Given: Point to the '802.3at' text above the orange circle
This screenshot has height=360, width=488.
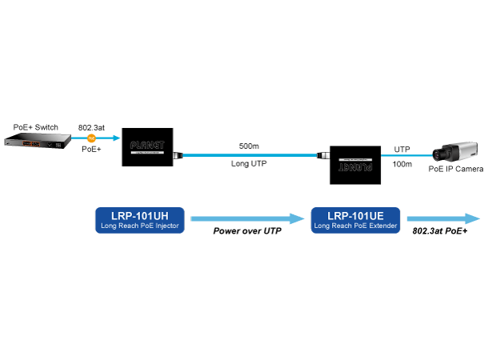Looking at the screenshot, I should tap(90, 127).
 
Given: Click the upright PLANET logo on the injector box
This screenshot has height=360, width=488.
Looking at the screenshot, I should tap(147, 146).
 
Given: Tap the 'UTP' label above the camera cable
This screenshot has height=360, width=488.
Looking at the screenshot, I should tap(402, 148).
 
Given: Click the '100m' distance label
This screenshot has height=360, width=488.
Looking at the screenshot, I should tap(403, 163).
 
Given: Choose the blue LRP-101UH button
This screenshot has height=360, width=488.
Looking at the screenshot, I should tap(141, 219).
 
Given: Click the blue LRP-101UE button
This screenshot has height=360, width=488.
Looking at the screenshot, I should tap(356, 219).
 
